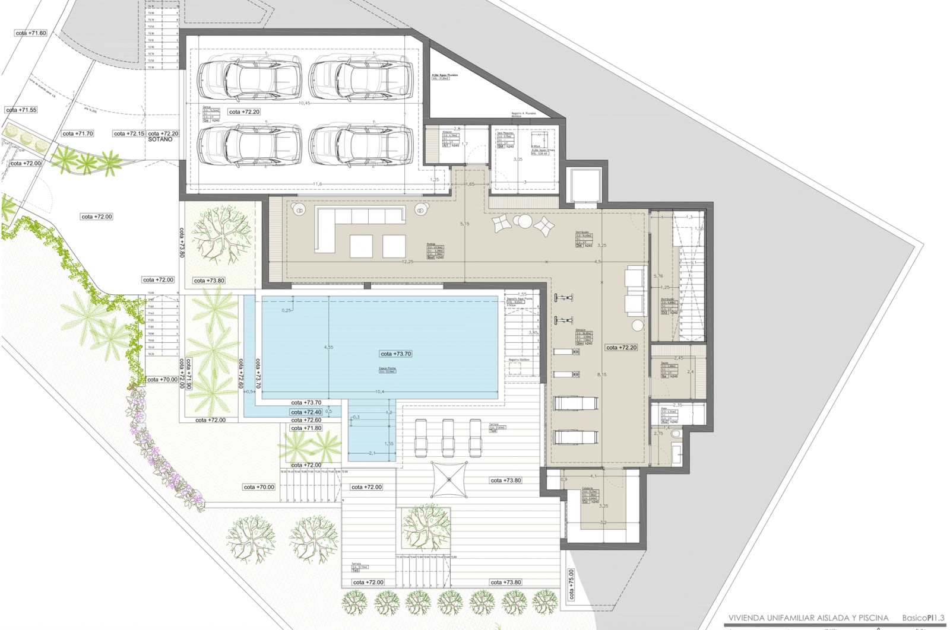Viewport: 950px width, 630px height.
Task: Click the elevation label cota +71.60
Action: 31,33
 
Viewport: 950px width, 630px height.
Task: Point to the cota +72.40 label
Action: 306,412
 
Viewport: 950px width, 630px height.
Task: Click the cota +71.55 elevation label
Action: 21,110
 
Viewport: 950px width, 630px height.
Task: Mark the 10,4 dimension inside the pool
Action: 380,392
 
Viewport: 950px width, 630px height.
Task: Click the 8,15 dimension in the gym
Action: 601,374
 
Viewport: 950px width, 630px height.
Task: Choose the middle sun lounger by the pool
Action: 448,437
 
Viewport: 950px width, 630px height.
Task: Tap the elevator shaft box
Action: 585,184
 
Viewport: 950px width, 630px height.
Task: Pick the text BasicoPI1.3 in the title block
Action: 924,618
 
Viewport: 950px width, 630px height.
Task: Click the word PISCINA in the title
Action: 870,618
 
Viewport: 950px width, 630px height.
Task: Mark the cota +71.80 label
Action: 306,428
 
